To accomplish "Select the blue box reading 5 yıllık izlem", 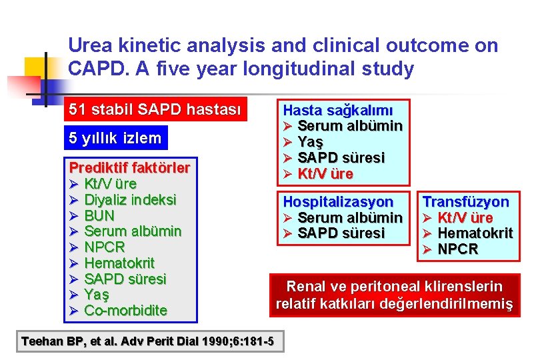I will pos(115,138).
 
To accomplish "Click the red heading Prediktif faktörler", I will pos(129,167).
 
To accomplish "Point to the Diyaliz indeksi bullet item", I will pos(130,199).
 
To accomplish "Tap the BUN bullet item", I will pos(99,215).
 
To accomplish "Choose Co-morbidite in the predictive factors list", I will pos(125,311).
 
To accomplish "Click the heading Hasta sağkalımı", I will pos(338,110).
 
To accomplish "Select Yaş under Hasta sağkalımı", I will pos(310,142).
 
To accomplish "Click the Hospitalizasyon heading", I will pos(338,201).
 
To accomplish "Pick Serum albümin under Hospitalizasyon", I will pos(349,217).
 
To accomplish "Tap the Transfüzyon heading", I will pos(466,201).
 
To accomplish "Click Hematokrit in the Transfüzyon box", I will pos(475,233).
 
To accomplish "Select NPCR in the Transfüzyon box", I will pos(458,249).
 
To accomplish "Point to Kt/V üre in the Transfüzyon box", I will pos(465,217).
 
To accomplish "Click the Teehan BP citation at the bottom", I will pos(147,341).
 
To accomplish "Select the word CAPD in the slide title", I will pos(93,69).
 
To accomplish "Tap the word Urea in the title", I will pos(90,45).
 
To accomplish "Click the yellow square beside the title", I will pos(37,69).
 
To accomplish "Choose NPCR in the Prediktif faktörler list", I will pos(105,247).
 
